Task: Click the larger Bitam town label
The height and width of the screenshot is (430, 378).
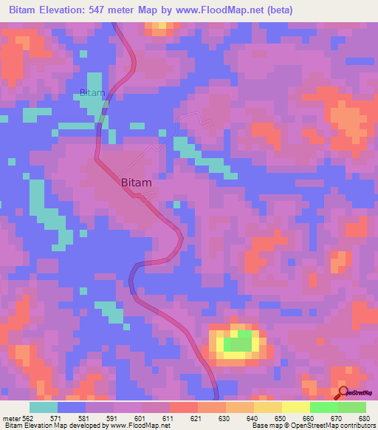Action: click(x=136, y=182)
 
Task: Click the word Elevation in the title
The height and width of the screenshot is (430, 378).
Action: click(x=67, y=10)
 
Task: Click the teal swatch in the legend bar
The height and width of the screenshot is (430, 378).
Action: click(x=43, y=407)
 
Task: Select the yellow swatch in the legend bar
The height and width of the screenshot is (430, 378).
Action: click(x=295, y=407)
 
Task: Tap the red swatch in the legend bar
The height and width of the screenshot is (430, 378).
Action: click(x=183, y=407)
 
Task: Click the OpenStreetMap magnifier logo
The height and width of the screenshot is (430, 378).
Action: click(x=343, y=392)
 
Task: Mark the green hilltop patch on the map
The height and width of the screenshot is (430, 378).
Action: click(x=238, y=342)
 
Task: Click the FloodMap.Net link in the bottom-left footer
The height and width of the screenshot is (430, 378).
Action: click(x=144, y=426)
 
